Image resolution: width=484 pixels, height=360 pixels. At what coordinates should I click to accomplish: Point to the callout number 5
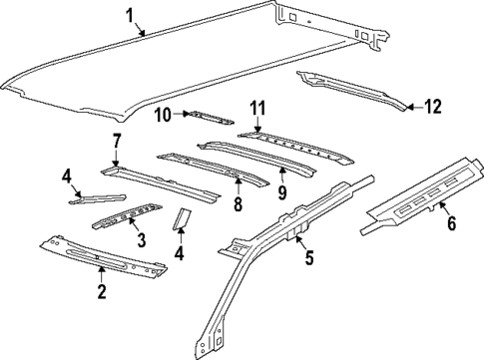coord(308,259)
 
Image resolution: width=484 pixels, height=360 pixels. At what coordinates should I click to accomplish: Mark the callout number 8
coord(237,205)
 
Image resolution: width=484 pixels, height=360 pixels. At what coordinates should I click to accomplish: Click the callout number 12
coord(431,106)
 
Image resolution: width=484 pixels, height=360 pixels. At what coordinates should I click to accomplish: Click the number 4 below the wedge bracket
coord(181,253)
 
